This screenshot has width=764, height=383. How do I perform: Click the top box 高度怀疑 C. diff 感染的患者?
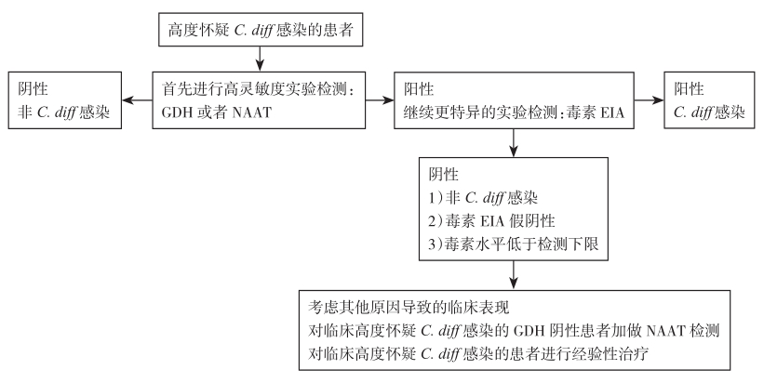pyautogui.click(x=261, y=30)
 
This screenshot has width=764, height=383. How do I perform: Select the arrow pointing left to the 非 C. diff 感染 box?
pyautogui.click(x=137, y=100)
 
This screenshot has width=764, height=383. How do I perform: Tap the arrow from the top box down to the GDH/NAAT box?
pyautogui.click(x=261, y=59)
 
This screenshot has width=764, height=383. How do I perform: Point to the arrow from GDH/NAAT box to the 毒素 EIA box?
pyautogui.click(x=380, y=100)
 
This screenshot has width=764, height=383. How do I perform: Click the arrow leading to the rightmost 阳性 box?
pyautogui.click(x=649, y=100)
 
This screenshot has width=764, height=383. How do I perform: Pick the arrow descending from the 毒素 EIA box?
pyautogui.click(x=514, y=142)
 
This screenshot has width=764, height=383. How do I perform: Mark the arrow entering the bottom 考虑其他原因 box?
pyautogui.click(x=514, y=275)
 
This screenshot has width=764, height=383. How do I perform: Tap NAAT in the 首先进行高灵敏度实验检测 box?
pyautogui.click(x=252, y=112)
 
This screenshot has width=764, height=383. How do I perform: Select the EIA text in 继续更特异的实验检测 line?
pyautogui.click(x=613, y=112)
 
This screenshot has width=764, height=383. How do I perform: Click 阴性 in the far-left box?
pyautogui.click(x=34, y=89)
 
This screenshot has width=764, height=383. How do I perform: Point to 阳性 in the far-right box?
pyautogui.click(x=689, y=89)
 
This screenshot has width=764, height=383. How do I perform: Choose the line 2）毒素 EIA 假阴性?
pyautogui.click(x=491, y=221)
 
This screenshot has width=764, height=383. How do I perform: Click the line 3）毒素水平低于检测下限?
pyautogui.click(x=513, y=244)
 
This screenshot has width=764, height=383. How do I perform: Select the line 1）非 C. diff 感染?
pyautogui.click(x=483, y=198)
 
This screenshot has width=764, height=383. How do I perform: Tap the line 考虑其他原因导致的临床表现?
pyautogui.click(x=409, y=308)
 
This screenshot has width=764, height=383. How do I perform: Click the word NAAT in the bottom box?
pyautogui.click(x=665, y=331)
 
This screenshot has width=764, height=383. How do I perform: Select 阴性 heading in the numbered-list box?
pyautogui.click(x=443, y=175)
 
